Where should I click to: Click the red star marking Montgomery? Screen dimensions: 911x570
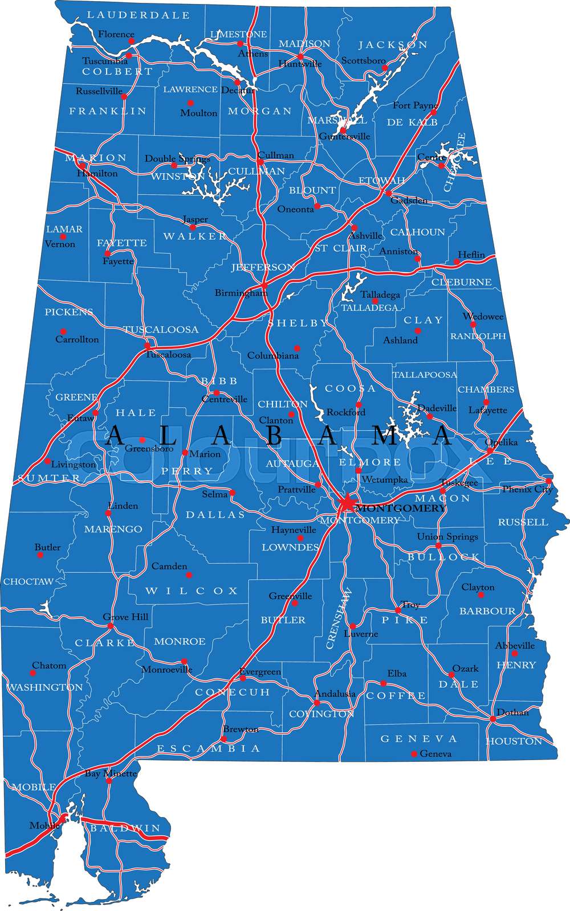pyautogui.click(x=346, y=504)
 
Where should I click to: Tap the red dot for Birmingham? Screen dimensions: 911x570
pyautogui.click(x=264, y=285)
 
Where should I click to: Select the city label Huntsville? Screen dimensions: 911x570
pyautogui.click(x=300, y=64)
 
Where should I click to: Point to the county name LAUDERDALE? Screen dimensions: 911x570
pyautogui.click(x=139, y=15)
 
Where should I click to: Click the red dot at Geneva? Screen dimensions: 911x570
pyautogui.click(x=414, y=754)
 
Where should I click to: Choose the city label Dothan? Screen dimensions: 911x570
pyautogui.click(x=512, y=712)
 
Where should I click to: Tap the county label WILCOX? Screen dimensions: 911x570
pyautogui.click(x=192, y=591)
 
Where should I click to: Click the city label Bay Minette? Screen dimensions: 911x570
pyautogui.click(x=111, y=773)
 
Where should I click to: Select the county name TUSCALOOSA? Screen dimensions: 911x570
pyautogui.click(x=161, y=330)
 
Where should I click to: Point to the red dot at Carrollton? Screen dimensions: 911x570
pyautogui.click(x=63, y=331)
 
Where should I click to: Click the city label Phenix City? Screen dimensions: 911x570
pyautogui.click(x=527, y=489)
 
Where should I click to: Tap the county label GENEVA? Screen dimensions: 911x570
pyautogui.click(x=419, y=738)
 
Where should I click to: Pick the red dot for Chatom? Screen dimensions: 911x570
pyautogui.click(x=32, y=673)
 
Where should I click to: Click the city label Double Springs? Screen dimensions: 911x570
pyautogui.click(x=177, y=158)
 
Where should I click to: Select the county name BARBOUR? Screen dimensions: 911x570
pyautogui.click(x=487, y=611)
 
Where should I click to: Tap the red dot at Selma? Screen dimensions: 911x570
pyautogui.click(x=232, y=493)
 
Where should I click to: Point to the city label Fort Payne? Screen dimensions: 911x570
pyautogui.click(x=415, y=105)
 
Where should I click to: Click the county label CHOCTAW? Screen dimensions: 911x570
pyautogui.click(x=28, y=582)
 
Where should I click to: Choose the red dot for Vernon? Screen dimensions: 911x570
pyautogui.click(x=63, y=237)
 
